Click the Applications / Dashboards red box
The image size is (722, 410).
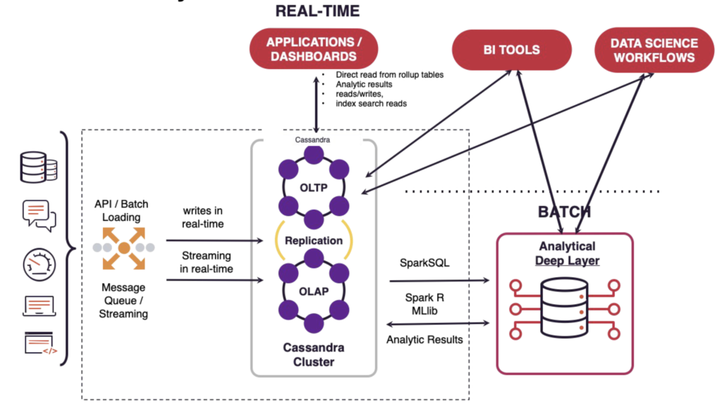pos(314,49)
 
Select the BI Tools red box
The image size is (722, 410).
pos(512,50)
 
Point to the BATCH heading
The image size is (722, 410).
pos(564,212)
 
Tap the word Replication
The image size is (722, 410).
pos(314,240)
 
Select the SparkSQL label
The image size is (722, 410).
pos(420,263)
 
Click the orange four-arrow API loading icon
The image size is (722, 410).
pos(123,248)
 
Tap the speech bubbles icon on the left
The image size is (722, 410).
pos(39,214)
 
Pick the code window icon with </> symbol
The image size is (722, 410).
pos(39,344)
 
